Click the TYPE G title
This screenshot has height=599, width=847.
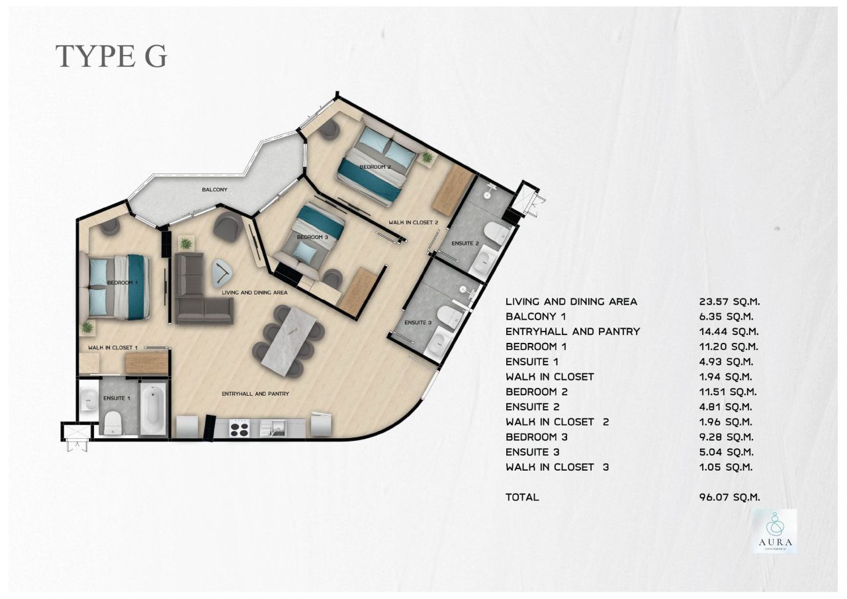111,57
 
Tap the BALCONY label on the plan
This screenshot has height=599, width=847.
214,190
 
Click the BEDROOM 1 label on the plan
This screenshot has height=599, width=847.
122,283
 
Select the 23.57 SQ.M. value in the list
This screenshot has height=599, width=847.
728,302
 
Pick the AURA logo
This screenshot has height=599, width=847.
774,531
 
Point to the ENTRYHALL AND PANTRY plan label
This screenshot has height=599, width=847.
255,394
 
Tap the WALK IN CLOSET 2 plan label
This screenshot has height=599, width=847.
414,222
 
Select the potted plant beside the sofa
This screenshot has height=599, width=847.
186,244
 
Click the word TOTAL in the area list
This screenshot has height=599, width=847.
522,497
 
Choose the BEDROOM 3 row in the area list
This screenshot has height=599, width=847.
537,437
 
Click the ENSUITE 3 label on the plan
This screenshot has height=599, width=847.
418,323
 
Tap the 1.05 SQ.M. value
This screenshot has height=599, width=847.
726,467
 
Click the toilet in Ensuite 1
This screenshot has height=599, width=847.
113,421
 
